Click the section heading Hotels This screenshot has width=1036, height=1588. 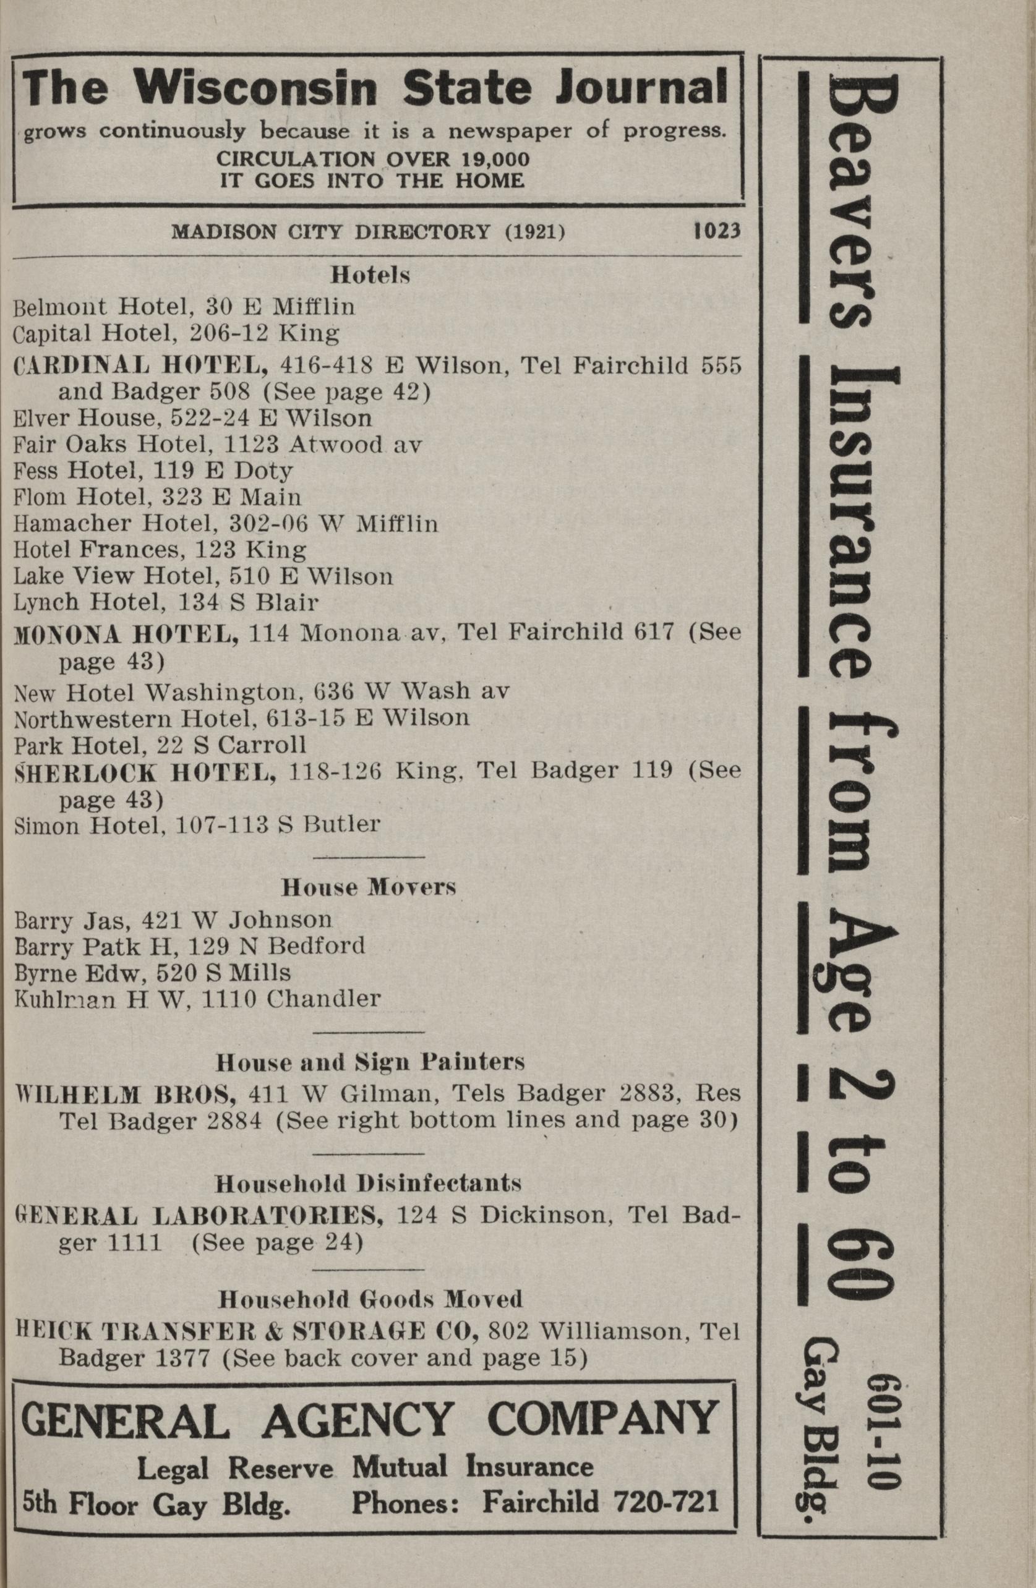click(x=370, y=275)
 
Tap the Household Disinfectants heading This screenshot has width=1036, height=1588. click(x=368, y=1183)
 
